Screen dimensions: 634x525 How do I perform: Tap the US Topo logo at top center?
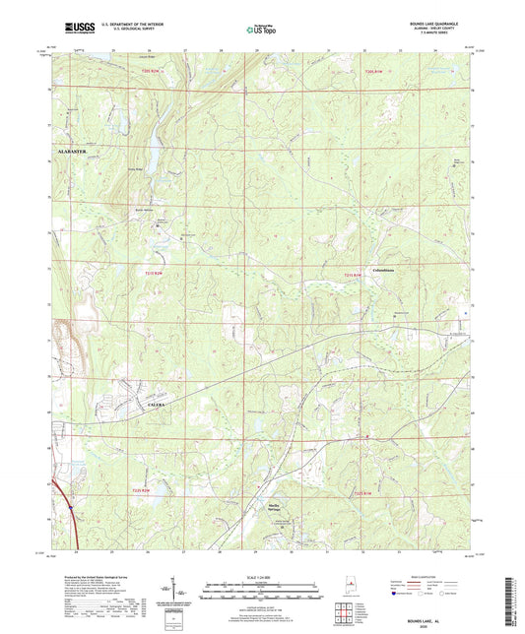(x=262, y=32)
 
